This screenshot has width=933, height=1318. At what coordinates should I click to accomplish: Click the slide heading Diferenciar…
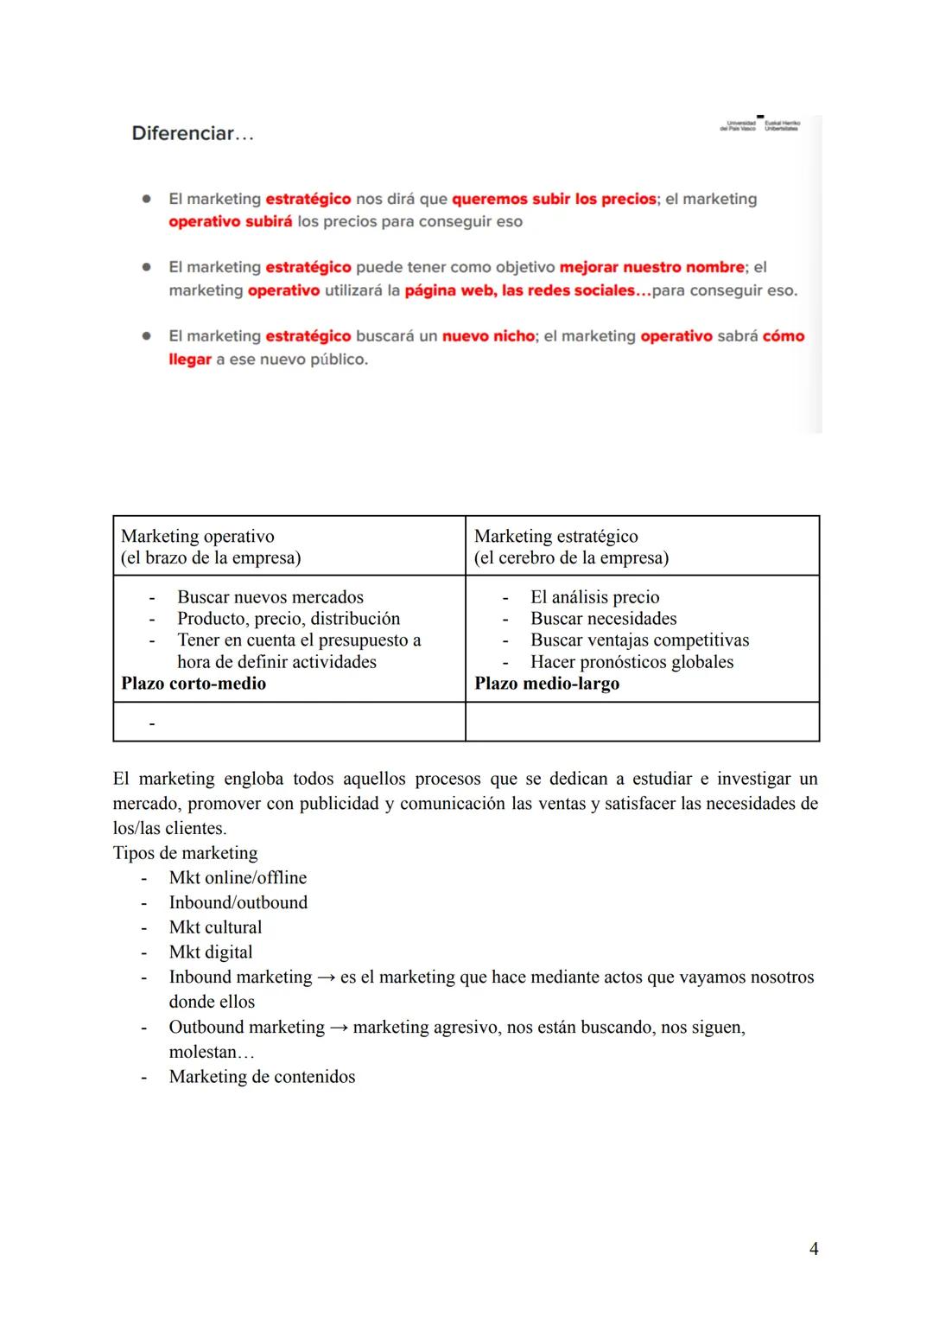[192, 134]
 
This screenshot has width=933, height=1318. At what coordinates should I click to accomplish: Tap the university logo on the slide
[759, 124]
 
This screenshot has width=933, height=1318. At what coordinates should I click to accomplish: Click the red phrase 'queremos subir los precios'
[554, 200]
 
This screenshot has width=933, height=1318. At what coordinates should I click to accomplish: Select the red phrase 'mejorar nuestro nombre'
[651, 268]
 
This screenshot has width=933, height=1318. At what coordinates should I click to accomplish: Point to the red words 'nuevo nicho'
[488, 336]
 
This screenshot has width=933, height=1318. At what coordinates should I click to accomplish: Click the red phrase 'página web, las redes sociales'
[527, 291]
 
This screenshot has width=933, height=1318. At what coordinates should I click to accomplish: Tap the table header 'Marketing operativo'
[198, 537]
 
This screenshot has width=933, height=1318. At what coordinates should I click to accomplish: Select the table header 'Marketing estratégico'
[555, 537]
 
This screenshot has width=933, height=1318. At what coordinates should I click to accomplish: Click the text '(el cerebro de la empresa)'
[571, 558]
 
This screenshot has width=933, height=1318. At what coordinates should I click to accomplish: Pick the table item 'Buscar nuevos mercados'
[270, 597]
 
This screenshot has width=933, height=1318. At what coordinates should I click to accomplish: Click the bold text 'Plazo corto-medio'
[194, 684]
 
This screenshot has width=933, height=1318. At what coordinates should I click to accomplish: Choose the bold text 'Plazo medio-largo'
[547, 684]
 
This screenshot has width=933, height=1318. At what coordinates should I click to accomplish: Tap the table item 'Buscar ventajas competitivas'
[639, 640]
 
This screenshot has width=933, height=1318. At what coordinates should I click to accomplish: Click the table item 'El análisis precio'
[594, 597]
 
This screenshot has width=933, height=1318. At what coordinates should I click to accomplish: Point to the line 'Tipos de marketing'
[185, 853]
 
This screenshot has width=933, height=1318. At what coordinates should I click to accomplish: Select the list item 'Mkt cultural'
[215, 927]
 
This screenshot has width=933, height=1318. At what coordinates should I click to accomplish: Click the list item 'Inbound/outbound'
[238, 902]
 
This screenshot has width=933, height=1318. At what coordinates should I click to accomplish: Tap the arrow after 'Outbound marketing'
[339, 1028]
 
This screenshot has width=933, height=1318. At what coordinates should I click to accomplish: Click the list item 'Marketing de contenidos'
[262, 1077]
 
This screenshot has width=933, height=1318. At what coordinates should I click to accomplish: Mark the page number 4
[813, 1249]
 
